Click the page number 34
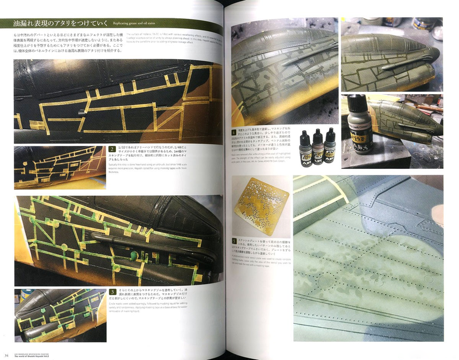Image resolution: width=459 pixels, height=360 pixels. click(x=5, y=353)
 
